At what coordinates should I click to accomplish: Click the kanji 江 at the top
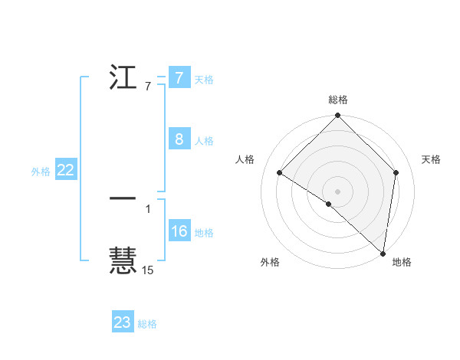(123, 80)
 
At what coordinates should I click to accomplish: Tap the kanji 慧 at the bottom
(123, 261)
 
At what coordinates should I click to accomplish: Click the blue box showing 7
(179, 78)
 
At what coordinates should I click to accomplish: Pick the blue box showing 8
(179, 139)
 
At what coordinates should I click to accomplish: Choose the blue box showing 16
(179, 231)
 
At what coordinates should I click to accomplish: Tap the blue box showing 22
(65, 170)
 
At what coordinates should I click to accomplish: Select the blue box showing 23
(123, 322)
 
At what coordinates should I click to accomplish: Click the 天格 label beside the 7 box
(204, 80)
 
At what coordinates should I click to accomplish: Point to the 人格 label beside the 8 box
(204, 141)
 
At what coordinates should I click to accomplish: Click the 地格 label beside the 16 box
(204, 233)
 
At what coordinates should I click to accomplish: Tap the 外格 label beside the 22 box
(41, 172)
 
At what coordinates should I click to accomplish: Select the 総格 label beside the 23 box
(147, 324)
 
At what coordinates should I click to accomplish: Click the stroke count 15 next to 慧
(148, 270)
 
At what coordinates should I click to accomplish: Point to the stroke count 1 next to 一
(148, 208)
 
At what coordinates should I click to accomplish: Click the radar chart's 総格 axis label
(338, 100)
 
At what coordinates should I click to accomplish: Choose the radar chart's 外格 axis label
(270, 263)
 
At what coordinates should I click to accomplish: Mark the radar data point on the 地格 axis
(383, 253)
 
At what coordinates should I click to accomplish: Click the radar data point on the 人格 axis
(280, 172)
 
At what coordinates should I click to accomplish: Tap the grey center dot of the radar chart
(338, 191)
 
